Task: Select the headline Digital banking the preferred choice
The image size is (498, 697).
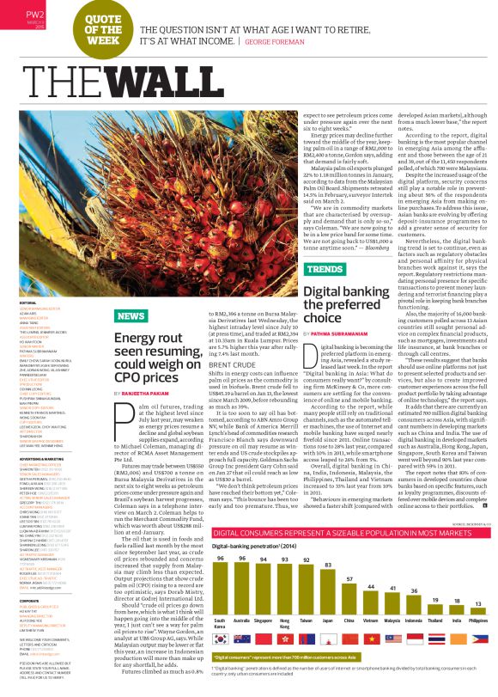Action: pyautogui.click(x=345, y=304)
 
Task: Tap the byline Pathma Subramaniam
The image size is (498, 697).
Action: pyautogui.click(x=352, y=333)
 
